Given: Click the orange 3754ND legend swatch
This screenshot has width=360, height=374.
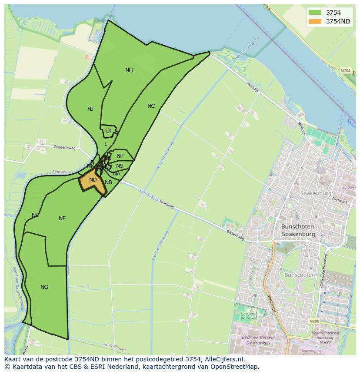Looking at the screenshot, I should coord(315,21).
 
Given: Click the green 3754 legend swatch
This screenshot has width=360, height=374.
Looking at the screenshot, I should coord(315,13).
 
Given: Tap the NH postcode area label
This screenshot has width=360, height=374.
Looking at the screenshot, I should coord(129,70).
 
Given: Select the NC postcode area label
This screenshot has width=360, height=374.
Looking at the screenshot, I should coord(151,106).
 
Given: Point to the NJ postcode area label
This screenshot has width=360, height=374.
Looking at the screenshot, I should coord(90,109).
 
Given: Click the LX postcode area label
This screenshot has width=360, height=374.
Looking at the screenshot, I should coord(108,130).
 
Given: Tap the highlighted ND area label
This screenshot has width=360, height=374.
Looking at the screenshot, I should coord(93,180).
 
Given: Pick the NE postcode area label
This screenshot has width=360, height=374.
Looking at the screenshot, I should coord(62,218).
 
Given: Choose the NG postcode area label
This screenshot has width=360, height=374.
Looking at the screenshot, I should coord(44,287).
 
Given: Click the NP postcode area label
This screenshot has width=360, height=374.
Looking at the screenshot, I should coord(120,156).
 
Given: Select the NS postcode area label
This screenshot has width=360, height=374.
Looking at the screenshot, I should coord(120,166).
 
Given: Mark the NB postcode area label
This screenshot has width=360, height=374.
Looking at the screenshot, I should coord(109,182).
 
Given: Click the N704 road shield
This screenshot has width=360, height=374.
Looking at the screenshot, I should coord(345,70).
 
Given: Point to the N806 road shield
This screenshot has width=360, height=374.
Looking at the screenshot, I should coord(314,321).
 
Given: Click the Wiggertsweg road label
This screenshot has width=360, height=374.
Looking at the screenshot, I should coord(64,148).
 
